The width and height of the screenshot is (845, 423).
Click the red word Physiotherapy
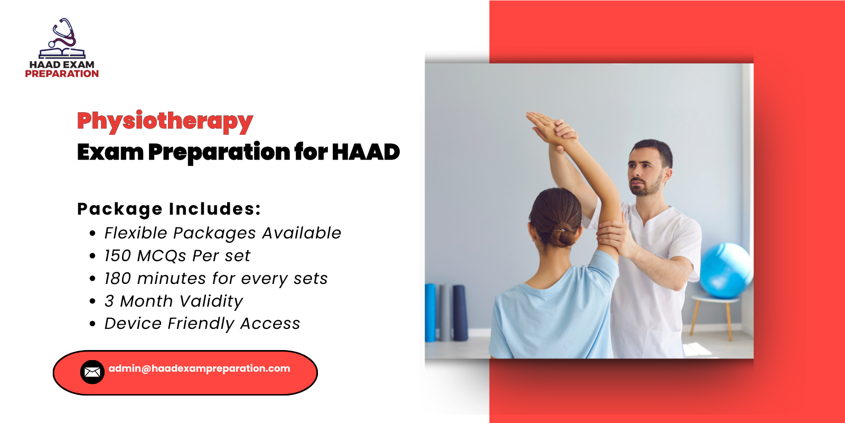pyautogui.click(x=165, y=121)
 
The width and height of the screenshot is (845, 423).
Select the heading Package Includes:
pyautogui.click(x=169, y=209)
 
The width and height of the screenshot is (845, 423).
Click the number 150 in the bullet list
pyautogui.click(x=117, y=256)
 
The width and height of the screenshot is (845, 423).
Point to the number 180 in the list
pyautogui.click(x=117, y=279)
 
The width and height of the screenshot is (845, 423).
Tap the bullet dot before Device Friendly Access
pyautogui.click(x=93, y=324)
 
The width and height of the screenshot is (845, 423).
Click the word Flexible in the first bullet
pyautogui.click(x=136, y=233)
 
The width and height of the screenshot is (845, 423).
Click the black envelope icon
pyautogui.click(x=92, y=372)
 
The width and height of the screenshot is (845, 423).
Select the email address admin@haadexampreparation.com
pyautogui.click(x=199, y=369)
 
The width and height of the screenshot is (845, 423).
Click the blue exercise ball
pyautogui.click(x=726, y=270)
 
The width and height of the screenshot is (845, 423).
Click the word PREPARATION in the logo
pyautogui.click(x=62, y=74)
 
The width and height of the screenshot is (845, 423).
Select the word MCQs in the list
pyautogui.click(x=162, y=256)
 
